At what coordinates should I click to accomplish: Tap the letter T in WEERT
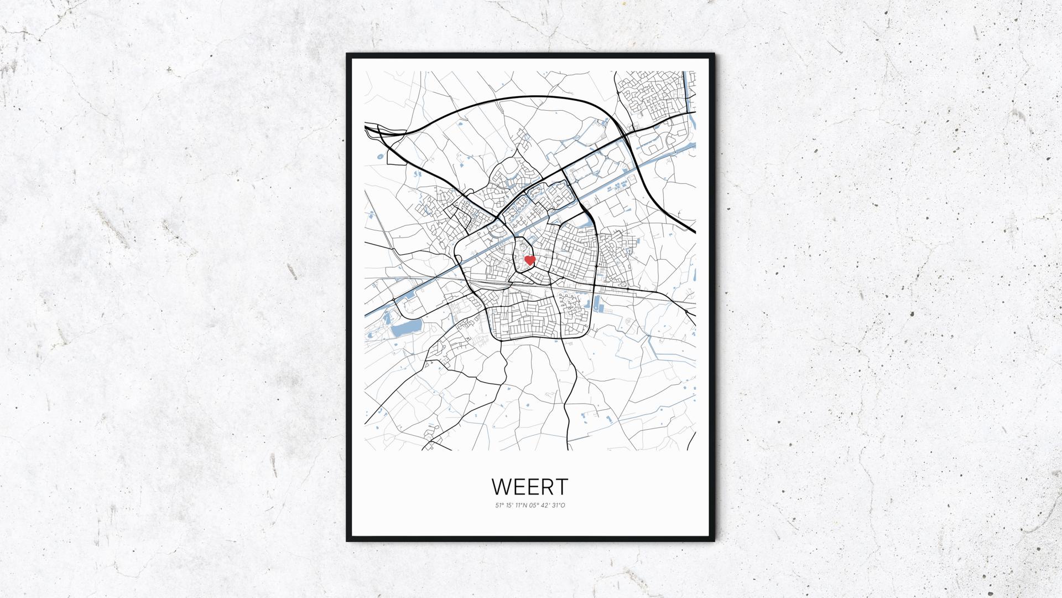click(561, 487)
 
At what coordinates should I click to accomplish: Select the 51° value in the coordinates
click(499, 505)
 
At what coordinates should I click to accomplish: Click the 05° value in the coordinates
click(534, 505)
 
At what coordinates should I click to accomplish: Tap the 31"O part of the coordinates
click(559, 505)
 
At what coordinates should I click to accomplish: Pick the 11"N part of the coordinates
click(521, 505)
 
